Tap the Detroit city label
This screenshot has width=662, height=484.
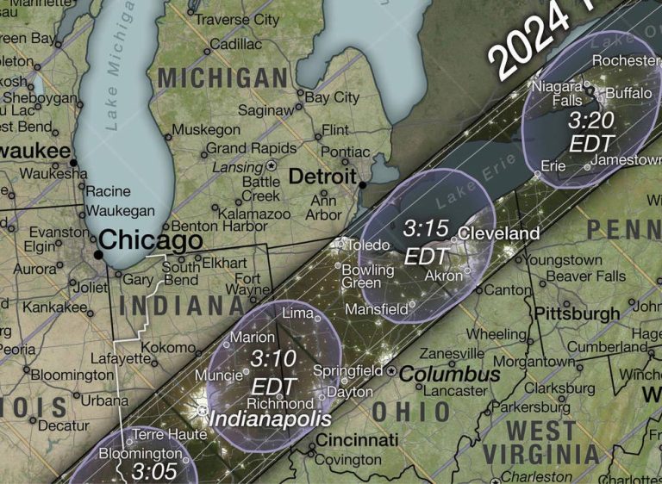point(322,177)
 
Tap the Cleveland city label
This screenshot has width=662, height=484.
point(499,233)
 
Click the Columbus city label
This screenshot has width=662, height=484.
point(449,375)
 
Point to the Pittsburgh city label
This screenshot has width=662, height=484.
point(577,313)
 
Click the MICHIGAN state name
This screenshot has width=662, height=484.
point(222,78)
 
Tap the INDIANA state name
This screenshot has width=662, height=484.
point(180,307)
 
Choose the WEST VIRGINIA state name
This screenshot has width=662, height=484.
point(540,441)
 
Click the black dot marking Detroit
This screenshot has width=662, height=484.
point(363,184)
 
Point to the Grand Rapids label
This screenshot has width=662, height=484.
point(237,148)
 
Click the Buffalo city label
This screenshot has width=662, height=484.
point(628,92)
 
